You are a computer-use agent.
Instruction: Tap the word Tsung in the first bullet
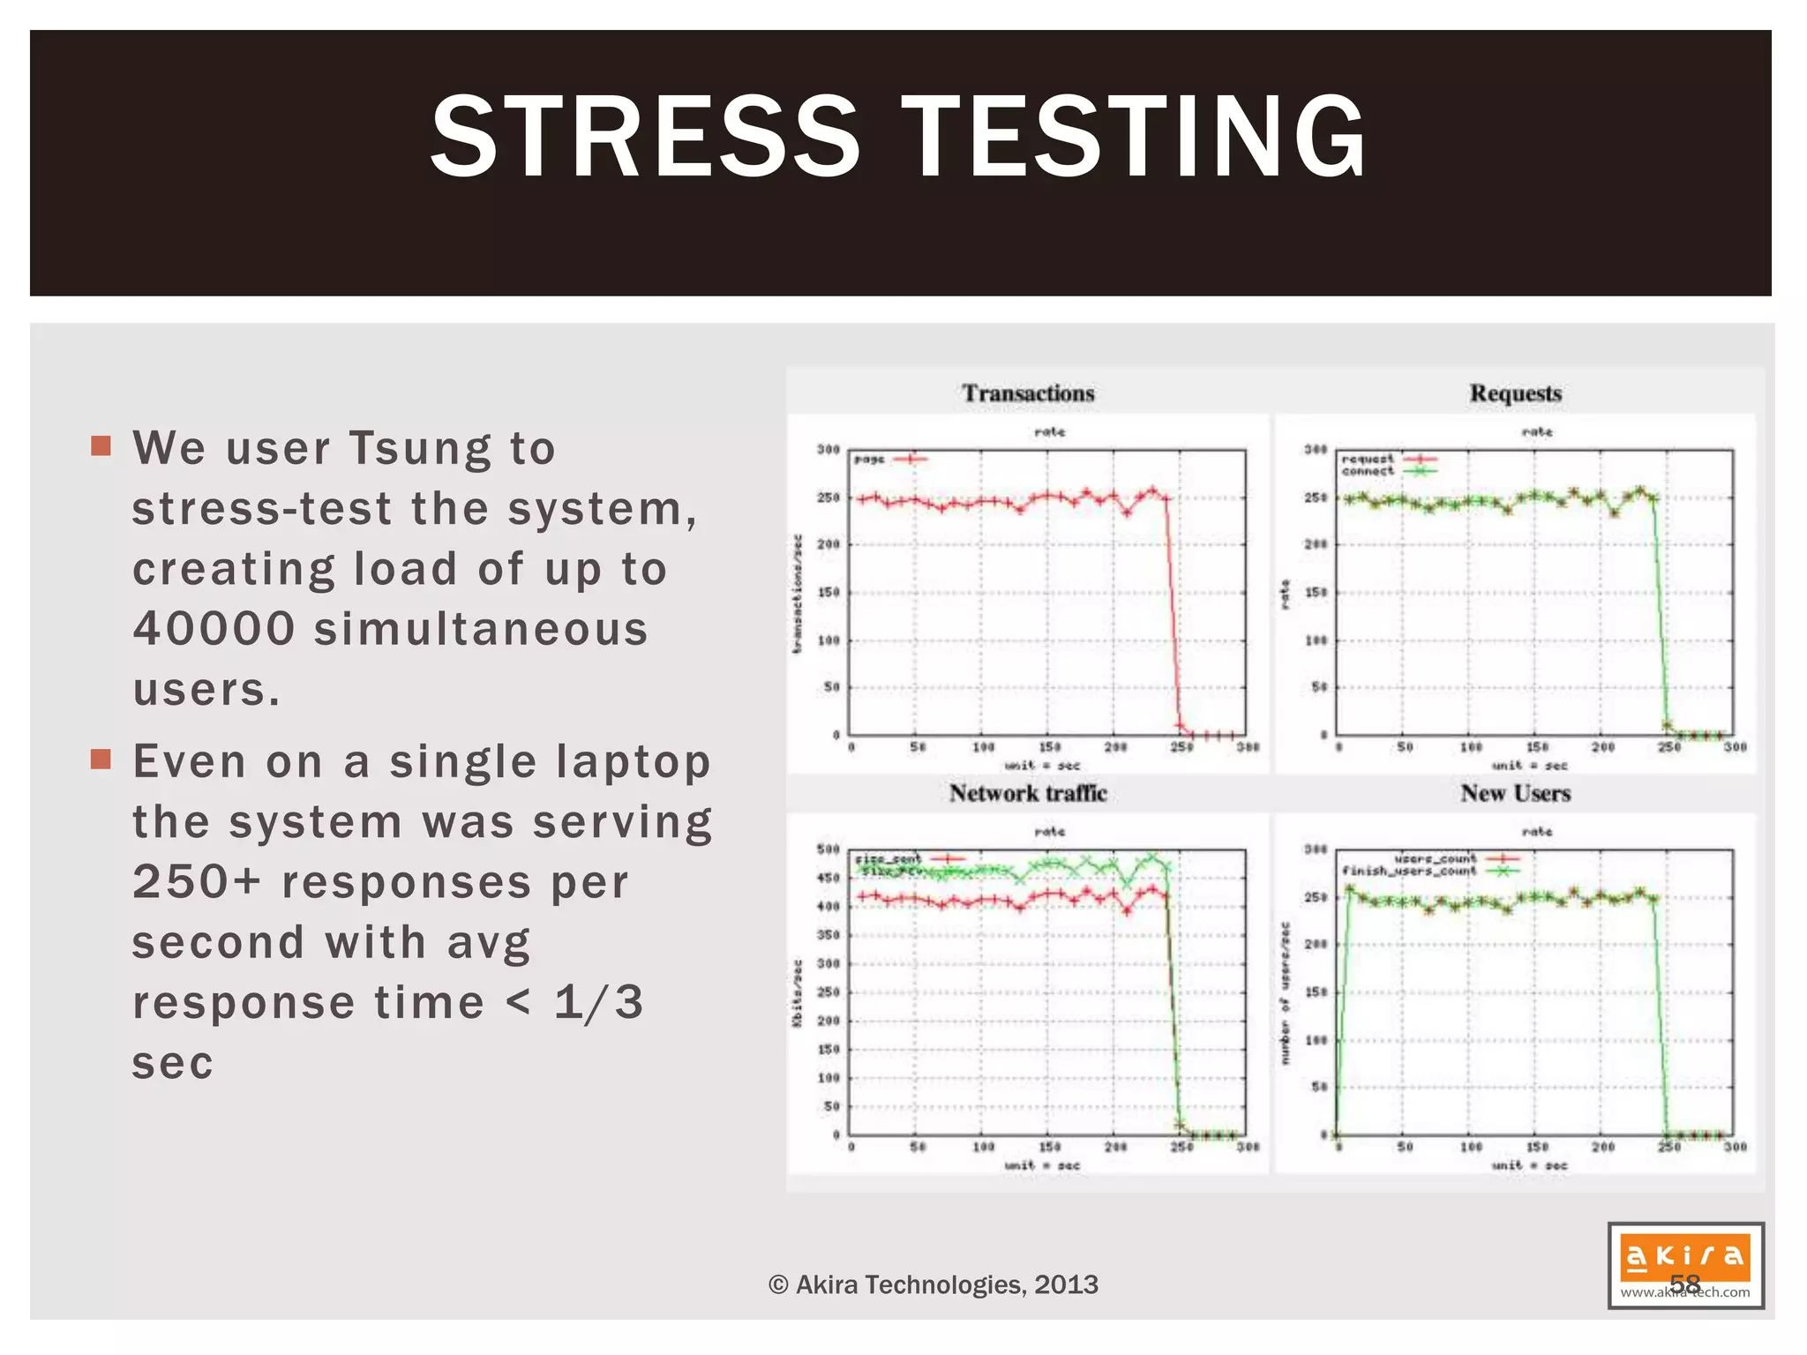coord(420,448)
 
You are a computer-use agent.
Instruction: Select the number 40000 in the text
coord(214,629)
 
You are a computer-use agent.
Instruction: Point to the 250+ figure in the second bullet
coord(197,881)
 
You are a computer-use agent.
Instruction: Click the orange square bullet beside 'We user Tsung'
coord(101,445)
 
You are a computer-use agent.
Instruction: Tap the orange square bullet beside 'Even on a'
coord(101,759)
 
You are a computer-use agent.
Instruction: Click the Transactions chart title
coord(1028,393)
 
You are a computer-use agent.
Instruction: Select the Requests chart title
coord(1515,393)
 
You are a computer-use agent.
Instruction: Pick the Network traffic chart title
coord(1028,793)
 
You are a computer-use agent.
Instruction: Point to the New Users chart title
coord(1515,793)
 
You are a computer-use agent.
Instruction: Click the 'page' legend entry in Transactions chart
coord(870,459)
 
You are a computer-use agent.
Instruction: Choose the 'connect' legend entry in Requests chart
coord(1368,471)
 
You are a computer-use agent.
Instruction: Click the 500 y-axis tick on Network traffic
coord(828,850)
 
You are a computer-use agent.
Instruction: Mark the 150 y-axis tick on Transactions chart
coord(828,592)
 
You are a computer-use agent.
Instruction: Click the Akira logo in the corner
coord(1684,1264)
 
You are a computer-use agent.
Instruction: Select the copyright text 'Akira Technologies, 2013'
coord(933,1284)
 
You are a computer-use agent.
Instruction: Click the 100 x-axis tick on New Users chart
coord(1471,1147)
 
